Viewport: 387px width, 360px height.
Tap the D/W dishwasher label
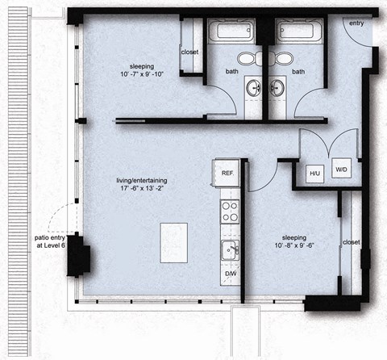(x=230, y=273)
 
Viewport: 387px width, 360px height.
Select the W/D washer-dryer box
(x=341, y=170)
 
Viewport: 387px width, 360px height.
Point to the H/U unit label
(x=314, y=172)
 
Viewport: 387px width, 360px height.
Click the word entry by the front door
(x=356, y=23)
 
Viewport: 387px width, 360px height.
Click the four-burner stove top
(x=230, y=212)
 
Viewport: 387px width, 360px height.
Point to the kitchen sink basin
(x=229, y=250)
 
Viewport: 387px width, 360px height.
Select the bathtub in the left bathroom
(x=232, y=32)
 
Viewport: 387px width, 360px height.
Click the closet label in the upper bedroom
(x=189, y=52)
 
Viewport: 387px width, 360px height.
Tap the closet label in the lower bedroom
(x=351, y=242)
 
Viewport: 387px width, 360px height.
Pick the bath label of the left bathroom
(x=232, y=71)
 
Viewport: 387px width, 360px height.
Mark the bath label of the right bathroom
(x=299, y=71)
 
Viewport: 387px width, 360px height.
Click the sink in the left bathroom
(x=257, y=87)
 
